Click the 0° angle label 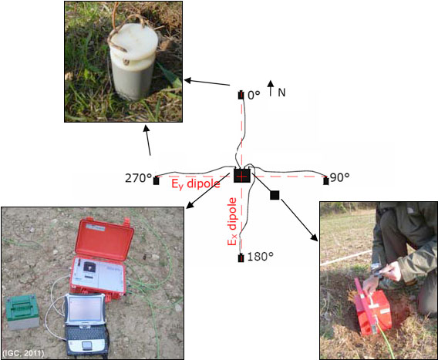[254, 95]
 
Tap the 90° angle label [339, 177]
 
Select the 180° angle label [261, 257]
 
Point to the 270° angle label [138, 178]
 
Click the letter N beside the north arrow [281, 93]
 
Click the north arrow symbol [270, 88]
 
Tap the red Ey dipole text [196, 184]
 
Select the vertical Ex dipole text [232, 221]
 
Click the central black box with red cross [242, 176]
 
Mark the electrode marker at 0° [241, 95]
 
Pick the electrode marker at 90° [326, 181]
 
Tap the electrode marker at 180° [241, 258]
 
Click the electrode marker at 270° [156, 180]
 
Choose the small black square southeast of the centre [275, 195]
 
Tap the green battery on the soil [22, 311]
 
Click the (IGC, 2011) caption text [23, 353]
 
